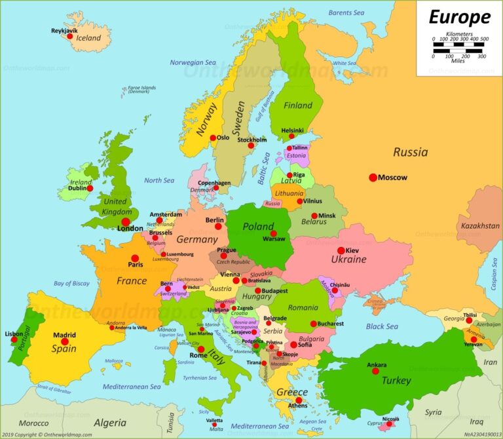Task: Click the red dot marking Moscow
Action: [x=373, y=178]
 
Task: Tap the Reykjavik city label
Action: [x=65, y=30]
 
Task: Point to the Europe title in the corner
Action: [x=459, y=17]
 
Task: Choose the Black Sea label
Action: [x=382, y=326]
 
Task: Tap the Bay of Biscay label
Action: [x=71, y=283]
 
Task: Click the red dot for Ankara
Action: [x=375, y=371]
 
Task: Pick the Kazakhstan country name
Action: [x=480, y=226]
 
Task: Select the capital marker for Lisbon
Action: [x=14, y=339]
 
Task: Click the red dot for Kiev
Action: [x=341, y=250]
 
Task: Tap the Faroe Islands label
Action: [x=141, y=89]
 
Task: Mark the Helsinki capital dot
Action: [x=291, y=136]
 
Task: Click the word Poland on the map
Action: [x=258, y=227]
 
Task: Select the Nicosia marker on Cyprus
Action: [x=390, y=424]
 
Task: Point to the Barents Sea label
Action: [x=346, y=12]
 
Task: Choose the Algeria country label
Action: [x=109, y=423]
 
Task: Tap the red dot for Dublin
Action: [x=90, y=188]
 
